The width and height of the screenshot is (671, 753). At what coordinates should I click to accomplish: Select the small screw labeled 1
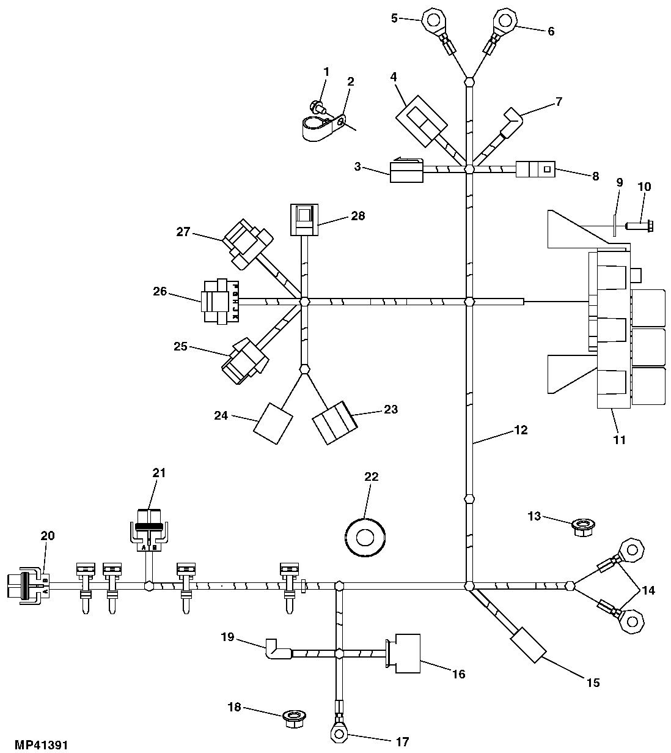(317, 106)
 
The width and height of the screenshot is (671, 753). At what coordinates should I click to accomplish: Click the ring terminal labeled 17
(337, 731)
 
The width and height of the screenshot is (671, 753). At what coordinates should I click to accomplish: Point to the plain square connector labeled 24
(273, 422)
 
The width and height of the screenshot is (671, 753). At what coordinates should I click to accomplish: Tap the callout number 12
(520, 430)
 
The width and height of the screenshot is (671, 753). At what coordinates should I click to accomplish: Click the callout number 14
(648, 590)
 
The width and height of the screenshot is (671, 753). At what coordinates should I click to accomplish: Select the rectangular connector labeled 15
(528, 644)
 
